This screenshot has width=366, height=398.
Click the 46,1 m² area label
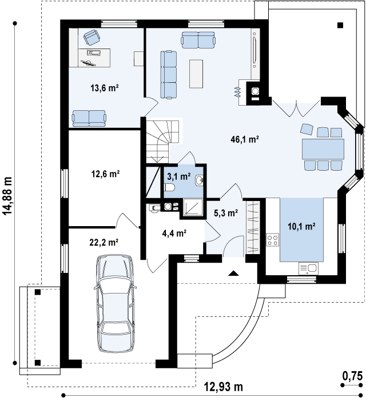245,139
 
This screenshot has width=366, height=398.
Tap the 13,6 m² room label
105,88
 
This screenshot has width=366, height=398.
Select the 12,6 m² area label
105,174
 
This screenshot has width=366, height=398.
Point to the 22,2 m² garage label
104,243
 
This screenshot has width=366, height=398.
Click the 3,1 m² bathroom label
179,176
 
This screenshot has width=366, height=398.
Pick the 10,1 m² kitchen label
301,226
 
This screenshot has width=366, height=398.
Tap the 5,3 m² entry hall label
226,213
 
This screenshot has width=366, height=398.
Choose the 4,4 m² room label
174,233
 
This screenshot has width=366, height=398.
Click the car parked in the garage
115,303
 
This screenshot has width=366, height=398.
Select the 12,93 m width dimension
224,387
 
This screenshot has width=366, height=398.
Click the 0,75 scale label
352,376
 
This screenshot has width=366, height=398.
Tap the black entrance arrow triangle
233,273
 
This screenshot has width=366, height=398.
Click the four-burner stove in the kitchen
272,240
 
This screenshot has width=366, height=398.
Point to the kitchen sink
309,268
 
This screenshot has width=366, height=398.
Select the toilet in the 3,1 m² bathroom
169,187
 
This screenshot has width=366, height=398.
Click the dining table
323,148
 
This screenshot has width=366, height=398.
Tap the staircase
162,141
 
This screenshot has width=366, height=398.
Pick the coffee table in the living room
196,74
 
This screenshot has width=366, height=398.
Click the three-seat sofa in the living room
169,75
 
